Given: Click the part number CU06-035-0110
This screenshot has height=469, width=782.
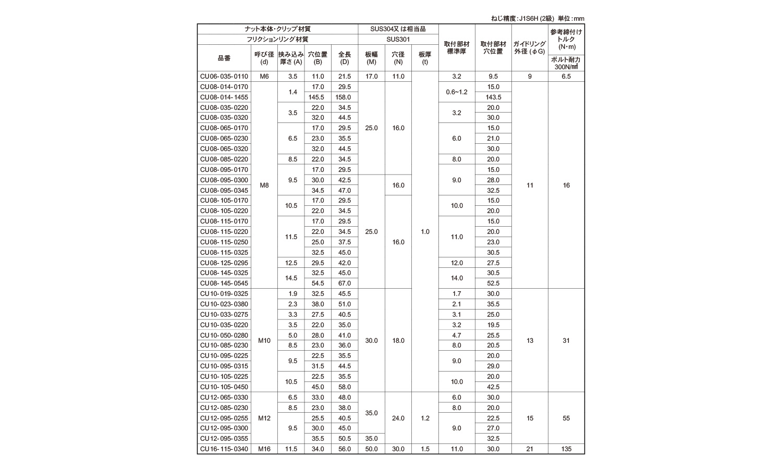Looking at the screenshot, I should (x=224, y=77).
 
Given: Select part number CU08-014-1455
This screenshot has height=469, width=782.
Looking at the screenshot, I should (x=224, y=97).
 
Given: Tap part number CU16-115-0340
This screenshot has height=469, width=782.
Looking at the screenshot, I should (x=224, y=449).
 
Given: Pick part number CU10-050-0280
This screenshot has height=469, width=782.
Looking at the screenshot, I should (x=224, y=336).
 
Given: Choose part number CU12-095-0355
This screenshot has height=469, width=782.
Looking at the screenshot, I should (x=224, y=439).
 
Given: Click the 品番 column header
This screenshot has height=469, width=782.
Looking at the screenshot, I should (x=224, y=58).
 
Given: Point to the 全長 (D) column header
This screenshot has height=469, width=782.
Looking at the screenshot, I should (x=344, y=58).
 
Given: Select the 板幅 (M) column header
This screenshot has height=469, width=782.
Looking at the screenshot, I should (x=371, y=58).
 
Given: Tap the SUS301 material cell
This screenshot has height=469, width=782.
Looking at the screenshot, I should (x=398, y=39).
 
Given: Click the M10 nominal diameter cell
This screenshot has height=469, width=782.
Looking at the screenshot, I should (x=264, y=341).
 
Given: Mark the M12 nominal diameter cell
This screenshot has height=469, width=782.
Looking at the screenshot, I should (x=264, y=418).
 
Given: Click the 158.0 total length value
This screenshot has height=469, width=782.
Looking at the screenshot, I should (x=344, y=97).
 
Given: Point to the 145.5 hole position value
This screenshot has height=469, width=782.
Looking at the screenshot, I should (x=317, y=97).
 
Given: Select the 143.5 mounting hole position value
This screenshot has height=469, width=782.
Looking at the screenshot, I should (x=493, y=97).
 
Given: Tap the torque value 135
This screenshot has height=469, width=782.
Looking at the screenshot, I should (x=566, y=449).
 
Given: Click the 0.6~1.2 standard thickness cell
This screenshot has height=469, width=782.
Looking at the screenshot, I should (x=457, y=92).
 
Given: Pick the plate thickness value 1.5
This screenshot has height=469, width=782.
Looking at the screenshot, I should (x=425, y=449).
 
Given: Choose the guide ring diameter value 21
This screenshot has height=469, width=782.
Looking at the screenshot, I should (x=530, y=449).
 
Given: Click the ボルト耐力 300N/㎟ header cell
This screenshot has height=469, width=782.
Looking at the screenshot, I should (x=566, y=63).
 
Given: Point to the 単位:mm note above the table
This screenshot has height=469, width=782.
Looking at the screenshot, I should (x=571, y=18).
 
